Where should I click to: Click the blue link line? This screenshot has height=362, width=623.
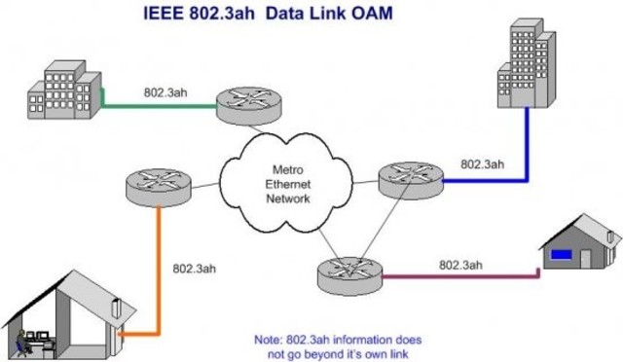[x=528, y=146]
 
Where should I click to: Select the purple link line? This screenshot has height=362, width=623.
[x=458, y=277]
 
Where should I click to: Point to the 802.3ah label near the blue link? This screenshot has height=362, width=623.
[x=483, y=163]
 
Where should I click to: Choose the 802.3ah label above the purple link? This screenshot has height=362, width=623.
[x=461, y=264]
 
